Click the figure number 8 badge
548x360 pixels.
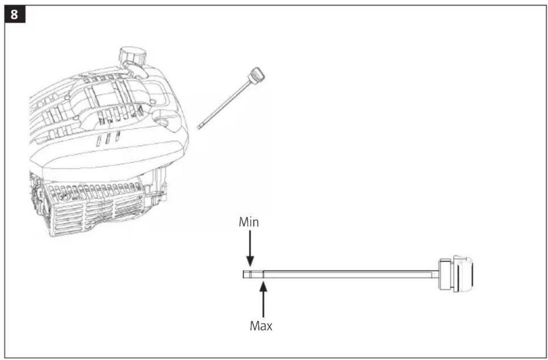[15, 14]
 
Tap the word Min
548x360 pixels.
[249, 222]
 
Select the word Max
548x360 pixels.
[261, 326]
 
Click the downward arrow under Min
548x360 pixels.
[250, 248]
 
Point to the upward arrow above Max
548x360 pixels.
[263, 300]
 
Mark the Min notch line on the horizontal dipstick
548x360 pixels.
[250, 274]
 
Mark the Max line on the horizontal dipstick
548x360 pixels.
[263, 274]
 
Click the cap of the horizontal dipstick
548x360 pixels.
[456, 274]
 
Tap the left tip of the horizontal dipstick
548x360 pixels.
[243, 274]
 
